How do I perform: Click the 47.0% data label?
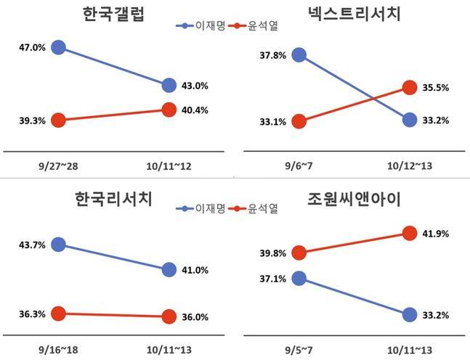point(32,48)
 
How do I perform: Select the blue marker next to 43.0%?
point(169,86)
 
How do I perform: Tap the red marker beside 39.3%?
point(59,120)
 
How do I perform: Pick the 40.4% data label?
point(195,111)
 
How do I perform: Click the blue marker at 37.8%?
point(299,54)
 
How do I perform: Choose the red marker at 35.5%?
point(409,88)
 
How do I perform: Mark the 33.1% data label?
point(273,122)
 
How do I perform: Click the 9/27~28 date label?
point(59,167)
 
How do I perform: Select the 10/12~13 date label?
point(409,167)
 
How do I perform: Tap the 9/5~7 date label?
point(299,348)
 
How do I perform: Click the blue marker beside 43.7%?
point(59,245)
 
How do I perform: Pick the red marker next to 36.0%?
point(169,316)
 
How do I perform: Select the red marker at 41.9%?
point(409,233)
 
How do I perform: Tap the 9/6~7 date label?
point(299,167)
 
